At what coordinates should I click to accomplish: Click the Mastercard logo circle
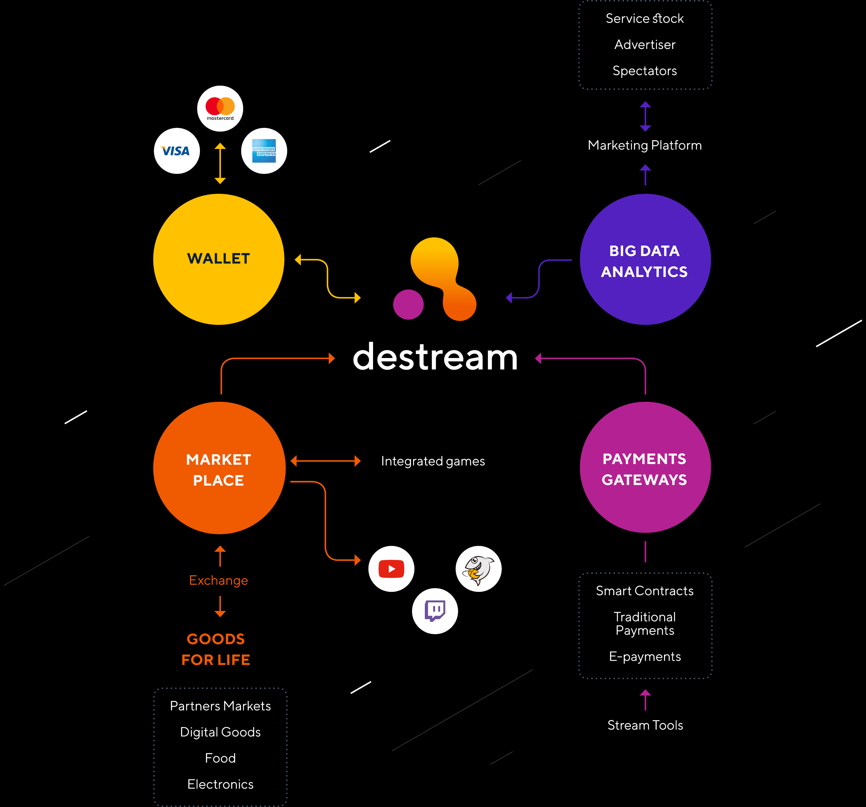tap(220, 108)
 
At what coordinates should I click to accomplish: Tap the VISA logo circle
tap(177, 151)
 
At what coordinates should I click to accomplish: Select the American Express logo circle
tap(264, 151)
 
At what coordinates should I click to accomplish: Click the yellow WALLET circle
tap(219, 259)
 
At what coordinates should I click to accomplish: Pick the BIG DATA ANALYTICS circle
tap(645, 259)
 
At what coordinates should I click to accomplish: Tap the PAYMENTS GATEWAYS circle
tap(645, 467)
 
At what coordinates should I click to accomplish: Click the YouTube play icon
tap(391, 569)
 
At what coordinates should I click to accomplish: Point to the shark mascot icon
tap(478, 569)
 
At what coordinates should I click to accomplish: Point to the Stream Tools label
tap(645, 725)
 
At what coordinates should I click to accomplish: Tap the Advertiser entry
tap(645, 44)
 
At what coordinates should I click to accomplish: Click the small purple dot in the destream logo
tap(408, 305)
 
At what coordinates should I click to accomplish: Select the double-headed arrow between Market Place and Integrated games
tap(325, 461)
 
